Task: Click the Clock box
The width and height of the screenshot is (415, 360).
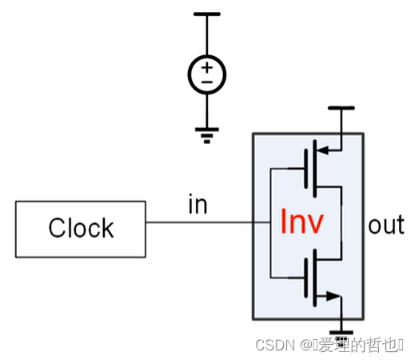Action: pos(80,228)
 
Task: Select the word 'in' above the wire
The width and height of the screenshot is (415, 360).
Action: pos(197,205)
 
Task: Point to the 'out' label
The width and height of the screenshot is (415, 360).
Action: pos(386,225)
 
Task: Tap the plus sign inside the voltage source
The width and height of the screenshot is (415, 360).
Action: pos(207,67)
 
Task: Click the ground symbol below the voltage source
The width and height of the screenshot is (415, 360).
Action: pos(207,135)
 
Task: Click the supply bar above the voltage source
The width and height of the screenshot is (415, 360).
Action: pos(207,14)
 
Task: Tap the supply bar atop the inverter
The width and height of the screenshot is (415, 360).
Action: pos(341,107)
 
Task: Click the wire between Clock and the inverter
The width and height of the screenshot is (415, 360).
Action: pos(200,223)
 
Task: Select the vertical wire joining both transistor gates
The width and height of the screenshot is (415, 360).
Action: pos(270,223)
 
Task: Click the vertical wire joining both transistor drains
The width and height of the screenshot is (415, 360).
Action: pos(341,223)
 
